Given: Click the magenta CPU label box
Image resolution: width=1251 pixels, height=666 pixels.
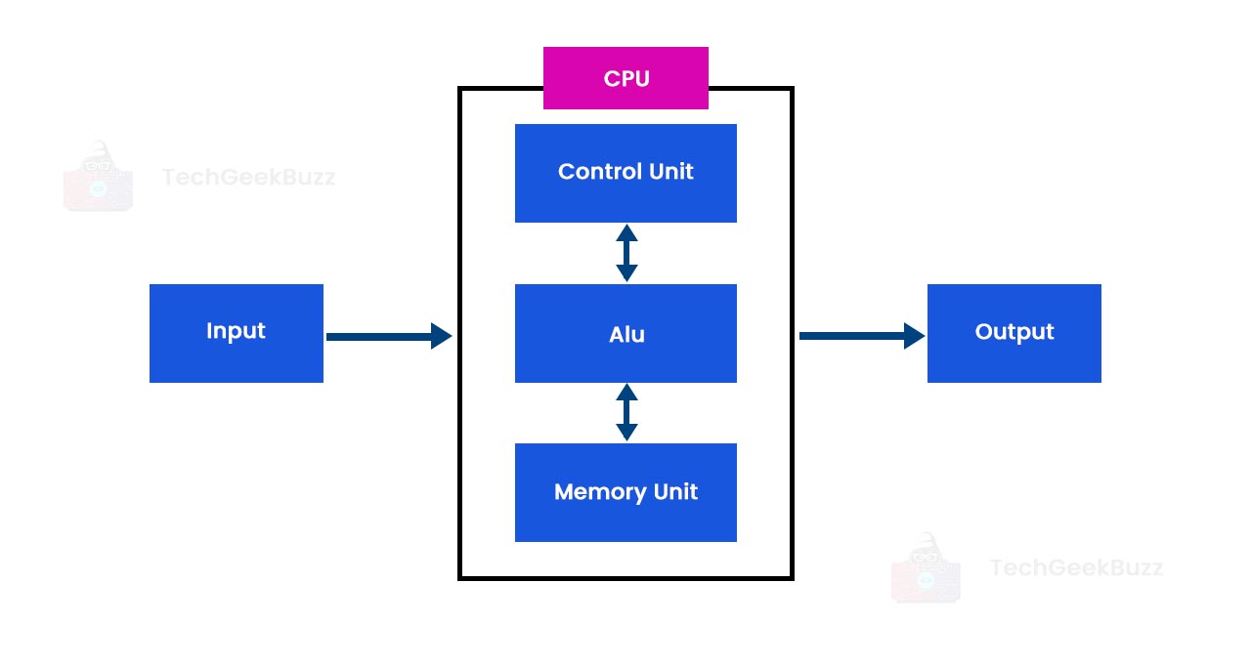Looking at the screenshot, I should (x=625, y=78).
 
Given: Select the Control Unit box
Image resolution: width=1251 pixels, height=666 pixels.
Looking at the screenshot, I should (x=625, y=173).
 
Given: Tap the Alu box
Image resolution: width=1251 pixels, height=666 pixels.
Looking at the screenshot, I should (x=625, y=333).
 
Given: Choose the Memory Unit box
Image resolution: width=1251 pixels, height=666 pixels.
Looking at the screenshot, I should (x=625, y=492).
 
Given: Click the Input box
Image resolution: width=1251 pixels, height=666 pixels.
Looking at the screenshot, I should (x=236, y=333).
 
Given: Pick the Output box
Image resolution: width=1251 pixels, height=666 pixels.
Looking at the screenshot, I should (x=1014, y=333).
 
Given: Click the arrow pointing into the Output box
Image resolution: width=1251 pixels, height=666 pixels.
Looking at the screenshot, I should (x=860, y=336).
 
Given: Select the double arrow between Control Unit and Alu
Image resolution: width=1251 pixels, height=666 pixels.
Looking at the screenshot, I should (x=626, y=253).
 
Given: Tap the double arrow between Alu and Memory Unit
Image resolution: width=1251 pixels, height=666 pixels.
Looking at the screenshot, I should (x=626, y=412).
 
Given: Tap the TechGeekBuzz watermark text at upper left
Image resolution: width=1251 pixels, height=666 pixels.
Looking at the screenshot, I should (x=248, y=177).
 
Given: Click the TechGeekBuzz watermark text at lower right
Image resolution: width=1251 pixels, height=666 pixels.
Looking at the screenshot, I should (x=1076, y=567).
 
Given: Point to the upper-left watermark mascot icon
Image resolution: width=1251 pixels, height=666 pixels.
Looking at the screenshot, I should (x=98, y=177).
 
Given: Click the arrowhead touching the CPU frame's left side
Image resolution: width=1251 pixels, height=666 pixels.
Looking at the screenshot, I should (x=441, y=336).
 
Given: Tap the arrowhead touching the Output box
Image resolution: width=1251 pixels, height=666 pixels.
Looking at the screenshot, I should (x=914, y=336).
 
